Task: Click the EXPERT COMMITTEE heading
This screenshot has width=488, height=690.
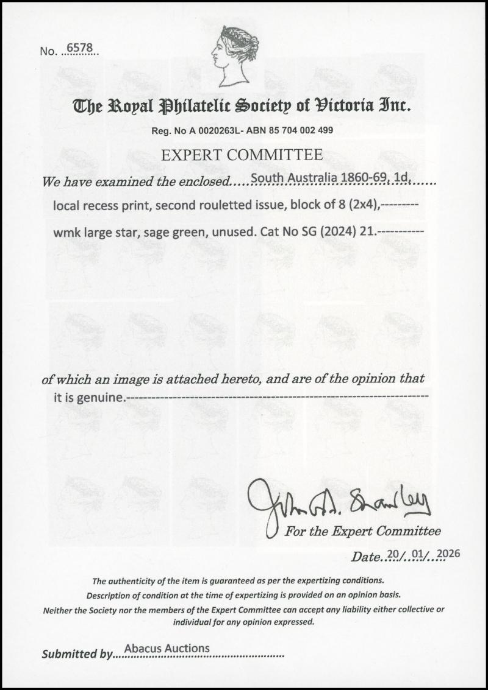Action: tap(242, 155)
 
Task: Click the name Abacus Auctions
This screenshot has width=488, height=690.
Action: tap(167, 649)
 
